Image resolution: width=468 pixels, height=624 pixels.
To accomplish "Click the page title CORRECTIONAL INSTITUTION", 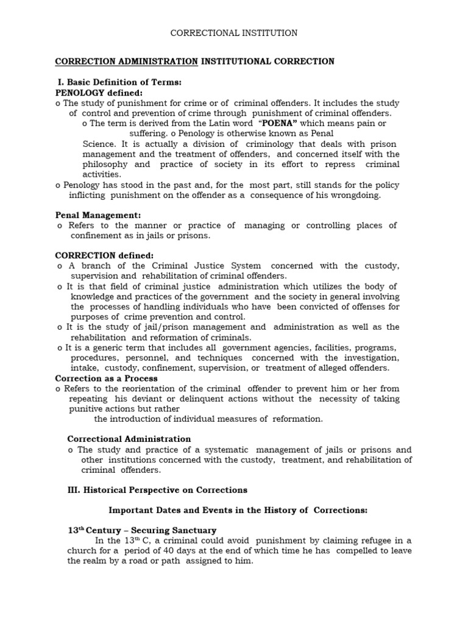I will (x=233, y=33).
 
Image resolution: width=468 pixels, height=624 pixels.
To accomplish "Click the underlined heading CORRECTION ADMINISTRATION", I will (x=126, y=62).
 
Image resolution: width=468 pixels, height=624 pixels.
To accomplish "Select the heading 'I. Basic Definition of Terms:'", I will (x=119, y=82).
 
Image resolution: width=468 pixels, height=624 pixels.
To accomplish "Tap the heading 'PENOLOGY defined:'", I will (x=99, y=93).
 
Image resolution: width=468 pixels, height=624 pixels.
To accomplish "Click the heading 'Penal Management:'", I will (x=98, y=215).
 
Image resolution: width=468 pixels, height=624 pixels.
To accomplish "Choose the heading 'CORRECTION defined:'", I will (x=104, y=255).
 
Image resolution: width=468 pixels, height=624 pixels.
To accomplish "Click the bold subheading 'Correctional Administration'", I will (x=129, y=439).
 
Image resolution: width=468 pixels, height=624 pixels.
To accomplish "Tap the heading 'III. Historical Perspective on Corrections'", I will (x=157, y=490).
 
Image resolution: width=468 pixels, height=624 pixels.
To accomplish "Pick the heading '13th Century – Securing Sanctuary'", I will (x=142, y=531).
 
